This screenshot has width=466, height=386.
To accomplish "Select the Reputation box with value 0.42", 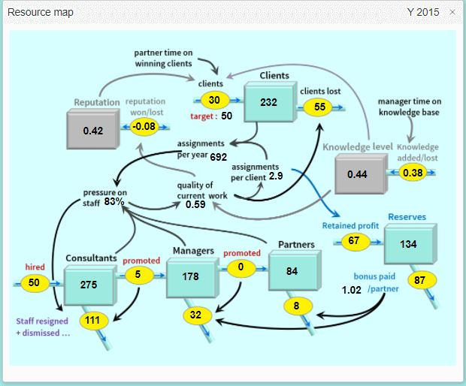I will [x=93, y=131].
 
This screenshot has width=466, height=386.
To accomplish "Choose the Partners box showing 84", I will [x=292, y=270].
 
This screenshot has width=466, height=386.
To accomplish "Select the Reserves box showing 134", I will [x=408, y=244].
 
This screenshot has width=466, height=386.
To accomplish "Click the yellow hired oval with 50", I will [x=35, y=283].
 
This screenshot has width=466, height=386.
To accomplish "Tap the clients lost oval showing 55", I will [x=319, y=107].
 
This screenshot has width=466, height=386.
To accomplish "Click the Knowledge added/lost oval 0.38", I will [x=413, y=172].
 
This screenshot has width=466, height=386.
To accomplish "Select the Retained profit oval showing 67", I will [x=353, y=240].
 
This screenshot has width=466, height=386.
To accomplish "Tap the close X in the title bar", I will [x=452, y=13].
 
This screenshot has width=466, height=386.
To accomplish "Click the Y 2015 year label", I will [x=422, y=13].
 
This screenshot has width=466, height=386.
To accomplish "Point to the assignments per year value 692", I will [x=219, y=157].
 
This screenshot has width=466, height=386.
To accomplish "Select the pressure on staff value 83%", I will [x=114, y=201].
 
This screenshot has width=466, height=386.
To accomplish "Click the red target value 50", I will [x=226, y=116].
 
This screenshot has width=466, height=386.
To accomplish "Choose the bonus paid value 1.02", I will [x=352, y=290].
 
